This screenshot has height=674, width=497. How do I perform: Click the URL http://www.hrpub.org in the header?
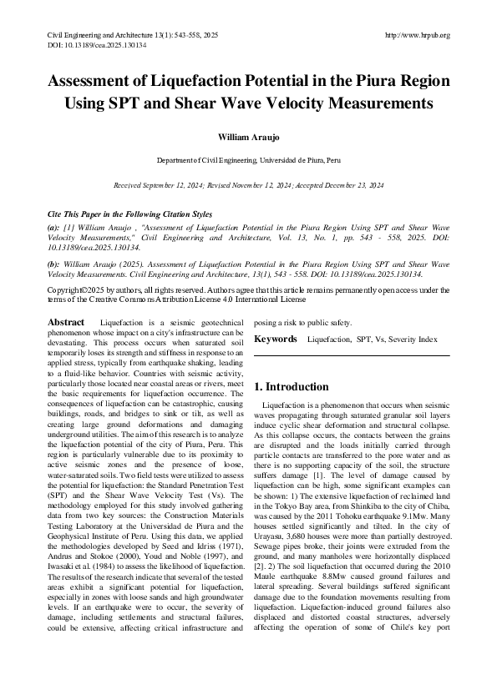418,35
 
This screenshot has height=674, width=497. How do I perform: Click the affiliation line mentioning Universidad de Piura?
248,158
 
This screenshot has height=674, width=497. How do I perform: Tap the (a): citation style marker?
52,227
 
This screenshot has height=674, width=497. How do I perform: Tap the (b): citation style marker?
52,264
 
